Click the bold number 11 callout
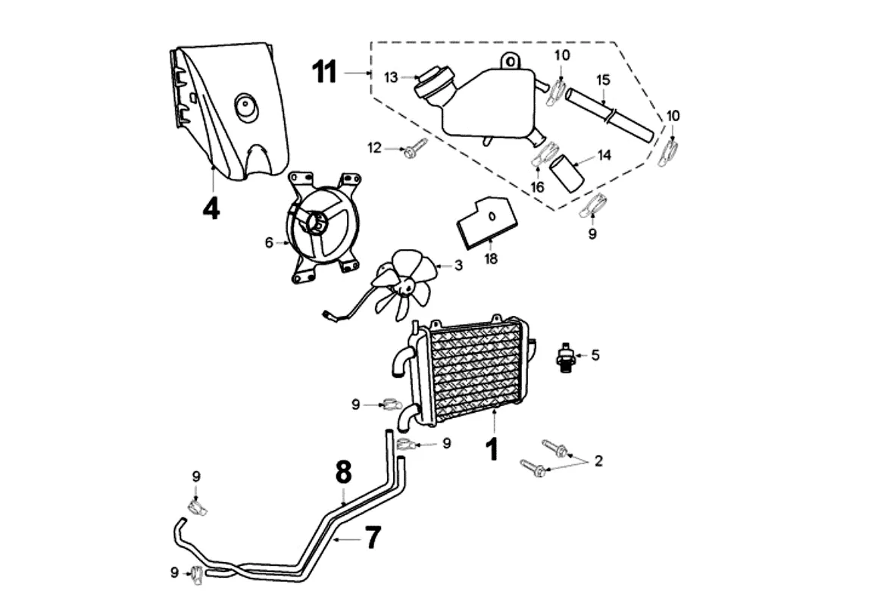[324, 73]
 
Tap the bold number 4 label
[211, 208]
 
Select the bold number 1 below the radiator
[492, 448]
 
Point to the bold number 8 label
[344, 473]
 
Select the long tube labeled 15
[610, 114]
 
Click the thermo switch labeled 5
[565, 355]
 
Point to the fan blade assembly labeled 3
[405, 286]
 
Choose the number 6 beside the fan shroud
[268, 242]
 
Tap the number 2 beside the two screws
[598, 461]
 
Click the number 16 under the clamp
[537, 186]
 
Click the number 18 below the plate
[492, 259]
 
